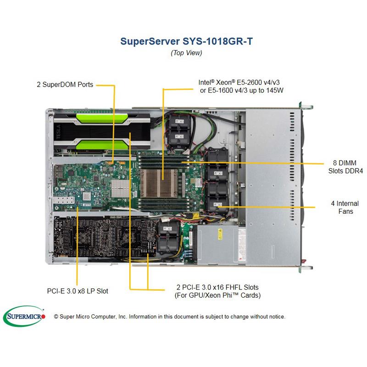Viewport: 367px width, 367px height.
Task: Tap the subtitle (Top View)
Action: [186, 52]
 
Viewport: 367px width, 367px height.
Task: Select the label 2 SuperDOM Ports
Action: [65, 84]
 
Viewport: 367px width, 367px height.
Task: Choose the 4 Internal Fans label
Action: [344, 207]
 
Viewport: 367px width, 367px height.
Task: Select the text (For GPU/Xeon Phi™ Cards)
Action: [217, 295]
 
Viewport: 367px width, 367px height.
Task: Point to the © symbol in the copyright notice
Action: [56, 317]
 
